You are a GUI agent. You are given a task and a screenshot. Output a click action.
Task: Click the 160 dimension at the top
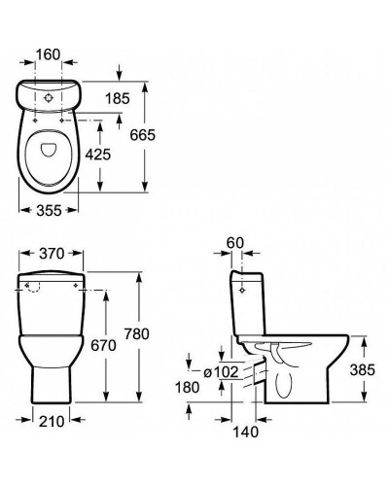(48, 54)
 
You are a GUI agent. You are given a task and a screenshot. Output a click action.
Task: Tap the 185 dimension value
(118, 98)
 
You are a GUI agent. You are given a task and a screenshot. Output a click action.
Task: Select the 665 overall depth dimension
(143, 135)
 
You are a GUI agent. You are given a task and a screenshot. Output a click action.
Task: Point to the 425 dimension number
(98, 155)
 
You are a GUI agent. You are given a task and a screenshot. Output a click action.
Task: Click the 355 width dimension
(49, 211)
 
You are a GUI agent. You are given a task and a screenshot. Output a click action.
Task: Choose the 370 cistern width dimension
(52, 254)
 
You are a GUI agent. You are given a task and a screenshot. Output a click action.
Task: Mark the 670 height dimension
(103, 345)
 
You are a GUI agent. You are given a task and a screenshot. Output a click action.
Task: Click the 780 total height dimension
(137, 333)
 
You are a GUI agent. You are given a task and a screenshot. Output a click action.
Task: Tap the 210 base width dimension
(52, 421)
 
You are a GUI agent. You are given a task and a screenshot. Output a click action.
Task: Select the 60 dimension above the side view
(235, 243)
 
